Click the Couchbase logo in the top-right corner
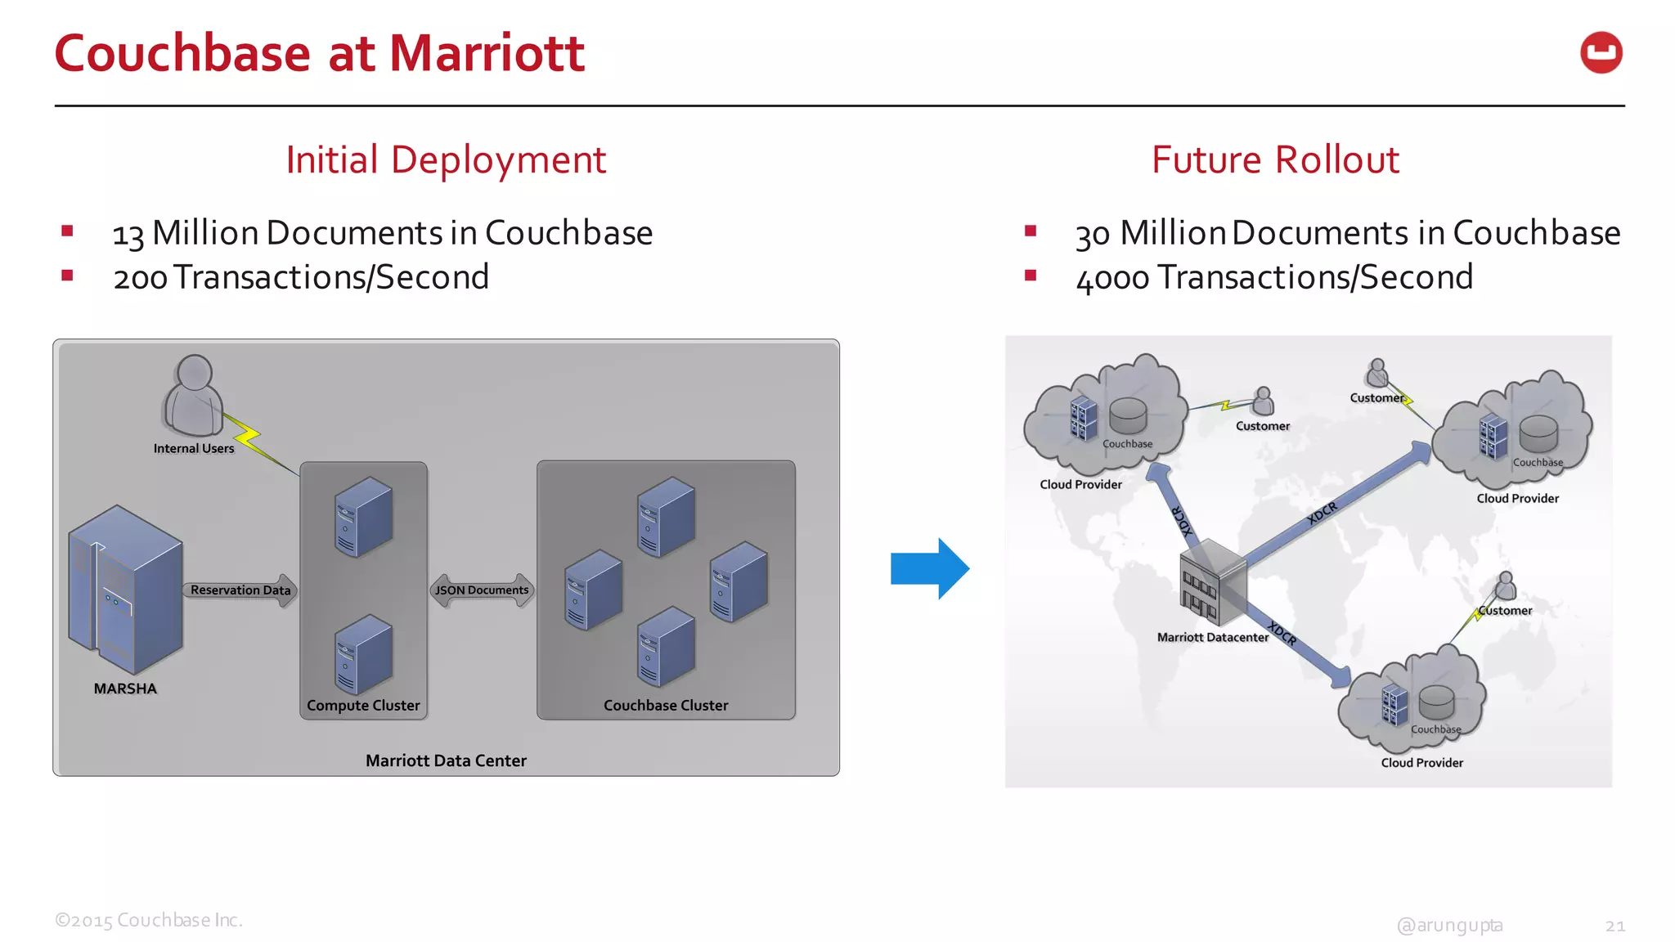click(1601, 53)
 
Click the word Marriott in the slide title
click(487, 54)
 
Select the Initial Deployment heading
click(446, 159)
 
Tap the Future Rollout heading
click(1274, 159)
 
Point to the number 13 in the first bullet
click(128, 235)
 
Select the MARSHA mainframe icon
click(125, 589)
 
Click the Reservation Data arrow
click(240, 590)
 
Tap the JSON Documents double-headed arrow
click(482, 590)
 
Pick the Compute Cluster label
click(363, 705)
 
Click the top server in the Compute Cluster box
click(363, 517)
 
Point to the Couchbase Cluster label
click(665, 705)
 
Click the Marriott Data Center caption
click(446, 760)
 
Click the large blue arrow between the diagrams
click(929, 569)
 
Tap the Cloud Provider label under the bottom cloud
click(1421, 762)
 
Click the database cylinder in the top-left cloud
click(1128, 415)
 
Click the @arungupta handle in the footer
click(1449, 925)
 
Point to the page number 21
click(1614, 926)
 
